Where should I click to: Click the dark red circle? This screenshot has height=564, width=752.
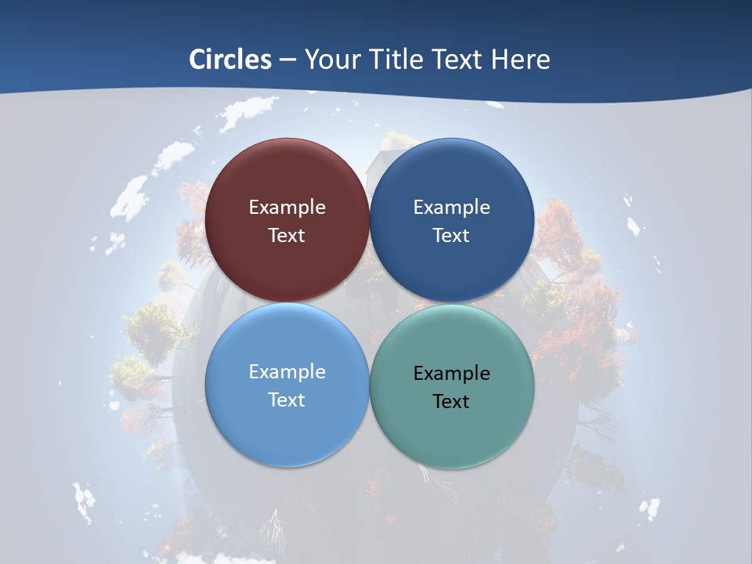(x=287, y=184)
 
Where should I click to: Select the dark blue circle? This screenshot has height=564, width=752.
(x=451, y=184)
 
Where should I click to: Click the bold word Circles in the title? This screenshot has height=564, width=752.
(x=230, y=60)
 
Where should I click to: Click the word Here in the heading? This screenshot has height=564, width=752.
(x=520, y=60)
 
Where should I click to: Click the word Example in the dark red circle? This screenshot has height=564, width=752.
(x=287, y=208)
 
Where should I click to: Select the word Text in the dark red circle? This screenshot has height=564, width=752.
(x=287, y=235)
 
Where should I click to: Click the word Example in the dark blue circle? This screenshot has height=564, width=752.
(x=451, y=208)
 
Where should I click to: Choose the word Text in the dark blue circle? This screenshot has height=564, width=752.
(x=451, y=235)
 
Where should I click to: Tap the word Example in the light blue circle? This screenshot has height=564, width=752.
(x=287, y=372)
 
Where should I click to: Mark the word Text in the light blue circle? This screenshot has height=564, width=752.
(x=287, y=399)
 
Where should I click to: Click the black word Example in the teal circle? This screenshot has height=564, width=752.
(x=451, y=374)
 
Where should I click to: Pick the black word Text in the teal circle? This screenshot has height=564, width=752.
(x=451, y=401)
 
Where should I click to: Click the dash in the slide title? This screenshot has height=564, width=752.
(x=287, y=60)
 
